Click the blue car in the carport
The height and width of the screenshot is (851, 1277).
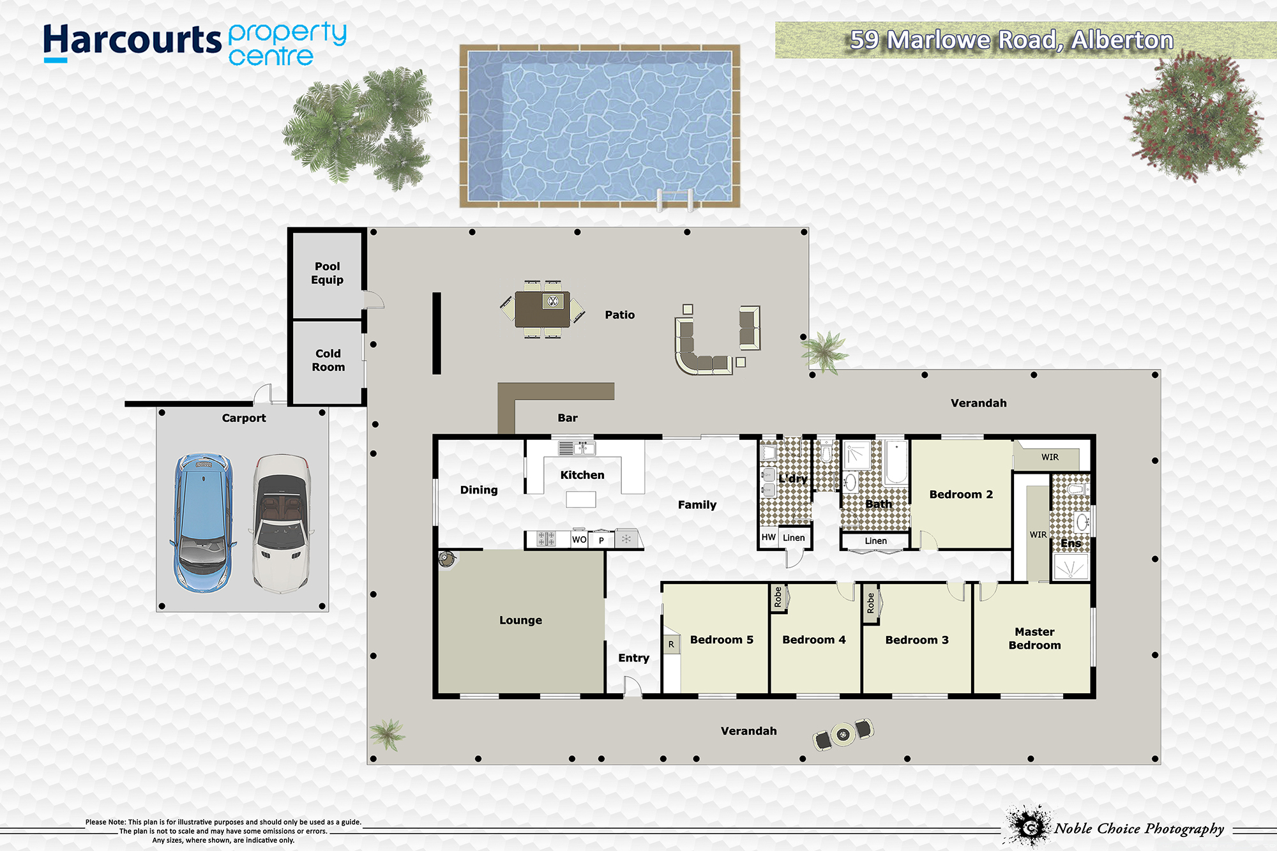click(202, 522)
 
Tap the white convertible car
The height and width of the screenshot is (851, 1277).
click(282, 523)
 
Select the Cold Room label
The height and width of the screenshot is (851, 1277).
click(328, 360)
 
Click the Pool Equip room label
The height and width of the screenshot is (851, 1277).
click(328, 273)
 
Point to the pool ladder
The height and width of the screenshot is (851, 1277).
click(675, 199)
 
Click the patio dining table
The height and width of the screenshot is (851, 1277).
click(543, 310)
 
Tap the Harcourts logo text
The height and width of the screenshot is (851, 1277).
click(132, 41)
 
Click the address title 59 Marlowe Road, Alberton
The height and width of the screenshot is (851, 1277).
click(1011, 40)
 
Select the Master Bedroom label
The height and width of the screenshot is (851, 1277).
click(1034, 638)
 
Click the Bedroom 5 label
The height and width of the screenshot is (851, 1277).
click(722, 640)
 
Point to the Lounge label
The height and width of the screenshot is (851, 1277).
click(520, 621)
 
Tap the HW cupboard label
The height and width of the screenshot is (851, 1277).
click(768, 538)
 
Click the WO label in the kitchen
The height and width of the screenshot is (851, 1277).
click(579, 539)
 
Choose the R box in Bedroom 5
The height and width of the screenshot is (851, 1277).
click(671, 645)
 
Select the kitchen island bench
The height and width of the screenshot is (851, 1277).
click(581, 499)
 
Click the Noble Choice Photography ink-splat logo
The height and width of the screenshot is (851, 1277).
click(1027, 826)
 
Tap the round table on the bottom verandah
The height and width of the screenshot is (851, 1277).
click(843, 735)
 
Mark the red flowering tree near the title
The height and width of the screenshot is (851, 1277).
click(1193, 116)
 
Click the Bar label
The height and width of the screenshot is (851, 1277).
click(568, 418)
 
